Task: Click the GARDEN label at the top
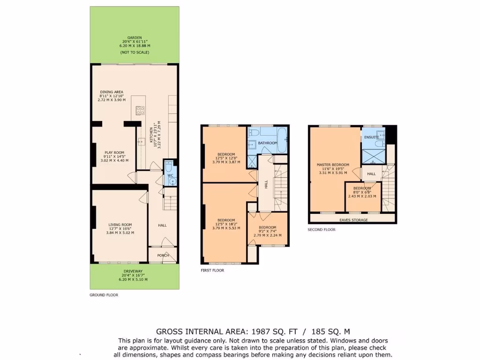point(135,37)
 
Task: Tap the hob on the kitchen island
point(140,111)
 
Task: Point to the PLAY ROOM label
point(114,152)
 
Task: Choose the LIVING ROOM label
point(120,225)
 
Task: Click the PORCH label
point(163,255)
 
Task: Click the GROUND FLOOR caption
point(104,295)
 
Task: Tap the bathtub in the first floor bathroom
point(282,141)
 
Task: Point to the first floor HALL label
point(266,185)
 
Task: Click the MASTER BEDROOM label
point(333,165)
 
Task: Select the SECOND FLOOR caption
point(322,230)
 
